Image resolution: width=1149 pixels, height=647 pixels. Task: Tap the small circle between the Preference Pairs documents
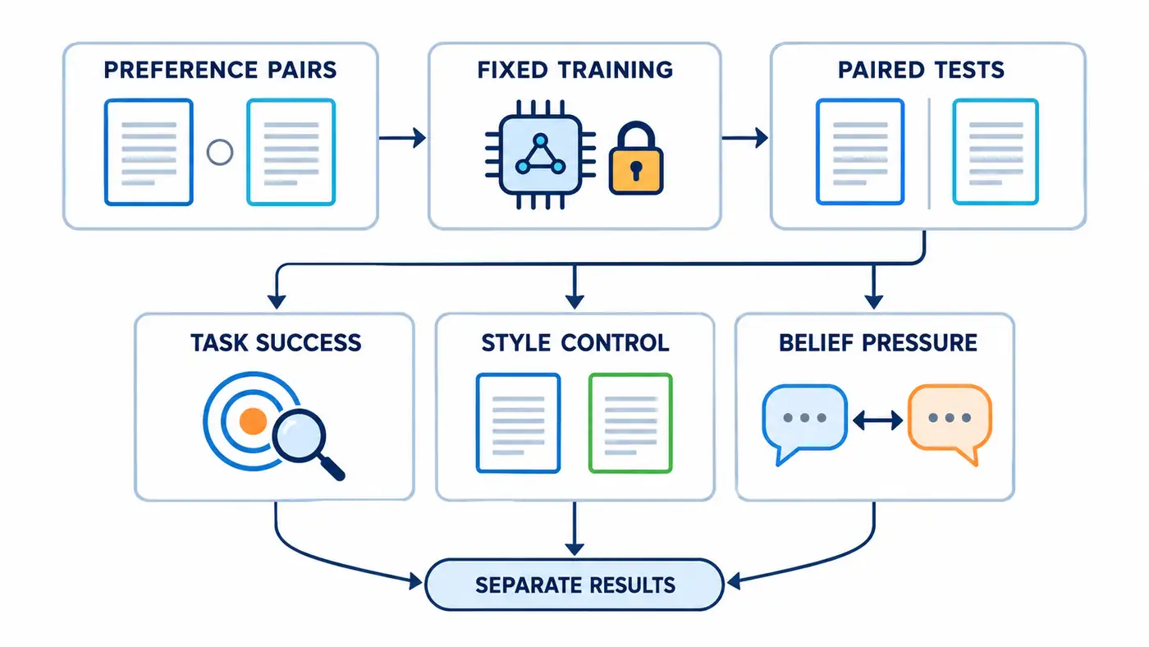(220, 153)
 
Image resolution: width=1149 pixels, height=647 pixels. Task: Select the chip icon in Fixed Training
(540, 154)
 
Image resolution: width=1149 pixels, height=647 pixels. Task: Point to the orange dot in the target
(253, 420)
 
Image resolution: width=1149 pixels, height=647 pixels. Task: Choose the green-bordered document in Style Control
(630, 424)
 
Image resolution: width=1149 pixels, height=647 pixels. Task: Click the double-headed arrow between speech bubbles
(877, 420)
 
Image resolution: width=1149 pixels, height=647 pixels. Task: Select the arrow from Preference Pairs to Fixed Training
(403, 137)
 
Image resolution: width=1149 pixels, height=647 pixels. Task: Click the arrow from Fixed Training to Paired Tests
(745, 137)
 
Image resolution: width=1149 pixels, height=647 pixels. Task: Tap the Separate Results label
(575, 585)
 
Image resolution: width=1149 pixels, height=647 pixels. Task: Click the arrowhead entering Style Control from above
(574, 301)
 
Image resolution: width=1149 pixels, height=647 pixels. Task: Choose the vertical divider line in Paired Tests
(929, 154)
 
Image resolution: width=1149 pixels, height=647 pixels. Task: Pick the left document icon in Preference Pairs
(149, 153)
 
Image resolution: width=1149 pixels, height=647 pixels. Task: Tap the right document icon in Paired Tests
(996, 153)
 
